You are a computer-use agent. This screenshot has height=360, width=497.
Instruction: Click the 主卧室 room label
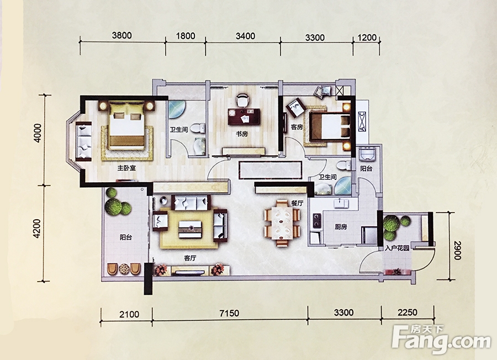pyautogui.click(x=126, y=168)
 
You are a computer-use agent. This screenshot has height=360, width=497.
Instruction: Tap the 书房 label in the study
pyautogui.click(x=241, y=134)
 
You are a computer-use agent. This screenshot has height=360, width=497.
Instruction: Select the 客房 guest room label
pyautogui.click(x=297, y=127)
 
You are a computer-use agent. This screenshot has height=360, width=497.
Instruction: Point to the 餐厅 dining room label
pyautogui.click(x=297, y=203)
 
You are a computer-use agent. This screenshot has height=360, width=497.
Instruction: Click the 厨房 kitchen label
pyautogui.click(x=341, y=227)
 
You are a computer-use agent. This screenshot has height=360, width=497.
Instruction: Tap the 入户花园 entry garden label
pyautogui.click(x=397, y=248)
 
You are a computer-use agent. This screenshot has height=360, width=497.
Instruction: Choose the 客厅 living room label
pyautogui.click(x=189, y=258)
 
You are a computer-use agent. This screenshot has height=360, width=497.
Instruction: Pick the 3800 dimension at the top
pyautogui.click(x=121, y=35)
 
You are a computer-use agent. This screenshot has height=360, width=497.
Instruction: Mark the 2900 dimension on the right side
pyautogui.click(x=457, y=250)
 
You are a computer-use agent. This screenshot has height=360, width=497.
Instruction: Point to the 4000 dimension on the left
pyautogui.click(x=38, y=133)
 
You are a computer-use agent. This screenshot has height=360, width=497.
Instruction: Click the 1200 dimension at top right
pyautogui.click(x=367, y=38)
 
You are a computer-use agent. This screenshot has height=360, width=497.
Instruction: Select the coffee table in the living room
pyautogui.click(x=189, y=228)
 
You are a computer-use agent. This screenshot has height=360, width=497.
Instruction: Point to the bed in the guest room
pyautogui.click(x=330, y=127)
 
